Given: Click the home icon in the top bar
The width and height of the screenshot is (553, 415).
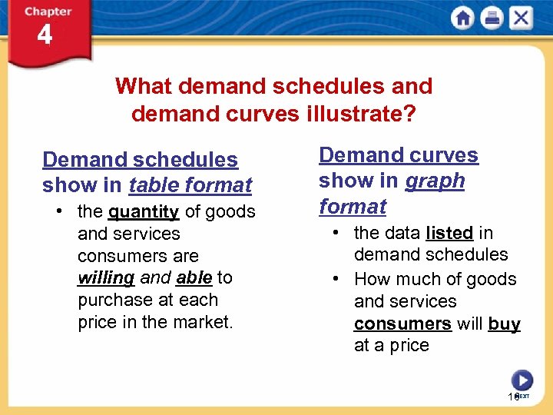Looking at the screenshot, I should [x=463, y=18].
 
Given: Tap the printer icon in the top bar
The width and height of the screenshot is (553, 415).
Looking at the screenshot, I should [x=492, y=18].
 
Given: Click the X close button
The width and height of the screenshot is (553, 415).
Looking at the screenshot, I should [x=520, y=18].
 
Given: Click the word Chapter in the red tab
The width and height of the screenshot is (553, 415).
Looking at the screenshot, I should [x=48, y=12].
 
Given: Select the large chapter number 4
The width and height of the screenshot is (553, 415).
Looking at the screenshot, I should [x=45, y=35].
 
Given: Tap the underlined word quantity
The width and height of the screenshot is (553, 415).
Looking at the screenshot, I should [x=144, y=211].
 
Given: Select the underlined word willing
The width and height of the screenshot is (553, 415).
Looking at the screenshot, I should [x=106, y=277].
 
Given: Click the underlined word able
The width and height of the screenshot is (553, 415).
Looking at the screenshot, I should [x=194, y=277].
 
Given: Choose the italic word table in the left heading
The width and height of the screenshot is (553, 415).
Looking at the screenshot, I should [x=154, y=185].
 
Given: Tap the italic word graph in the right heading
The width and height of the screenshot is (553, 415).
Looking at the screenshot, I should [x=435, y=181].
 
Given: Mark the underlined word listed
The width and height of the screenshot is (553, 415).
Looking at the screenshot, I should [x=449, y=233].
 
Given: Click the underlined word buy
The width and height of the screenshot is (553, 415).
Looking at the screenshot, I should [x=504, y=324].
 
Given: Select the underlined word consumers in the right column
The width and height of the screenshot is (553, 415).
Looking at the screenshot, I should [x=402, y=324].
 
